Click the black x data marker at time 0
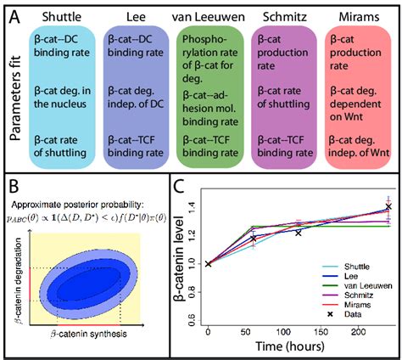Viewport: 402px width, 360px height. point(208,264)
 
